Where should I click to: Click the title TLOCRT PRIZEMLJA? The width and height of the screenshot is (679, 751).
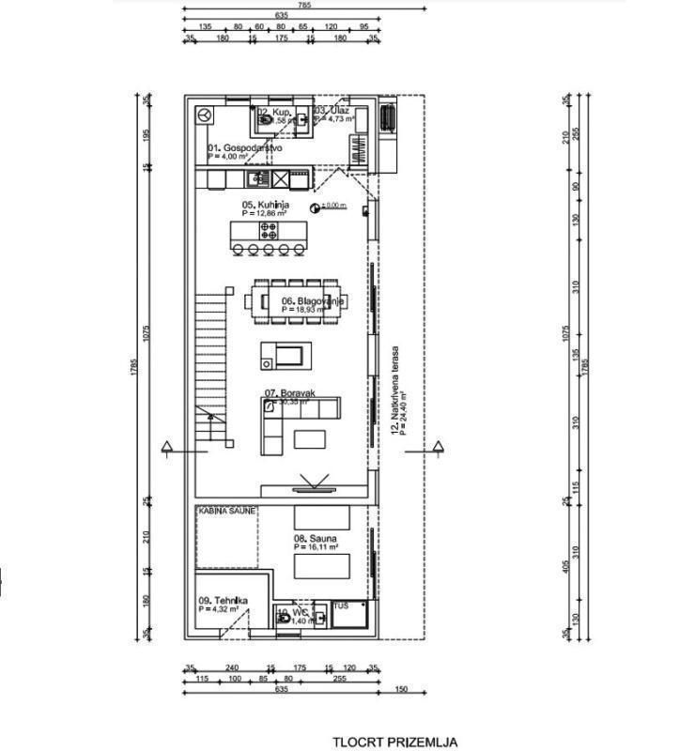395,742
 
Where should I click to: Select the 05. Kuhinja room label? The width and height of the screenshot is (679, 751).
265,205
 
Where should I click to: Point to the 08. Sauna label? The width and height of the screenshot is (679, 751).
316,539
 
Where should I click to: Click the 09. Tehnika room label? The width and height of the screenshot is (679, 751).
223,601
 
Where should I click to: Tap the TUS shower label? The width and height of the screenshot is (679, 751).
342,606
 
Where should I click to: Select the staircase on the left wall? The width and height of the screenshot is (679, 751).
211,366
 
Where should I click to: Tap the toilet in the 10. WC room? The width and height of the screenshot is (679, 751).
282,619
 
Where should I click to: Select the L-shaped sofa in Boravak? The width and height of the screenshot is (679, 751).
291,418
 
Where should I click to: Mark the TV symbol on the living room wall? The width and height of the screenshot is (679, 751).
311,486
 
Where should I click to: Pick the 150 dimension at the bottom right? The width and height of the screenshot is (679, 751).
402,689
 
